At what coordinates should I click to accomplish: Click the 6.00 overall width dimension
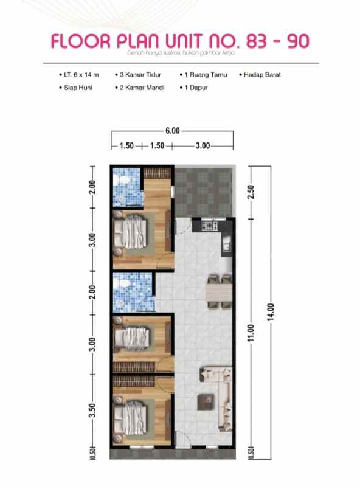pos(172,130)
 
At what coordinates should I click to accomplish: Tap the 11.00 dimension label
pos(251,333)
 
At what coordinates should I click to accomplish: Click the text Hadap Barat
pos(263,75)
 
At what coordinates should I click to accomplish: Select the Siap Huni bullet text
pos(74,88)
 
